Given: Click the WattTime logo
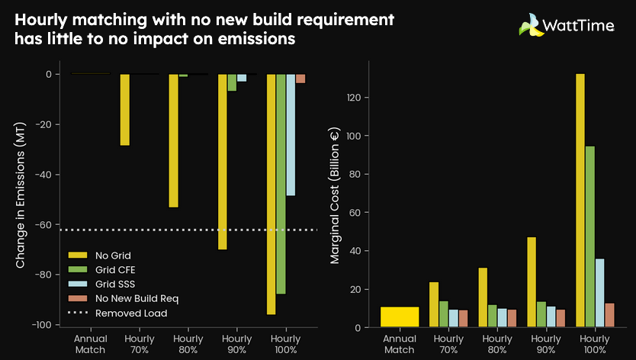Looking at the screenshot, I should pyautogui.click(x=566, y=25).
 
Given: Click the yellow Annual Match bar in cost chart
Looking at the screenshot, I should pyautogui.click(x=400, y=317).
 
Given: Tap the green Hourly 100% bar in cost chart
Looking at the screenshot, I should pyautogui.click(x=590, y=236).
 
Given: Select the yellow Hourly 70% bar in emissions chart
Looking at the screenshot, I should pyautogui.click(x=124, y=110).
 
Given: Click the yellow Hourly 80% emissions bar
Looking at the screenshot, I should pyautogui.click(x=173, y=140).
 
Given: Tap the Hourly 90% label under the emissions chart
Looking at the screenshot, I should pyautogui.click(x=236, y=343).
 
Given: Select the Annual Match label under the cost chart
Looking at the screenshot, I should pyautogui.click(x=400, y=343).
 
